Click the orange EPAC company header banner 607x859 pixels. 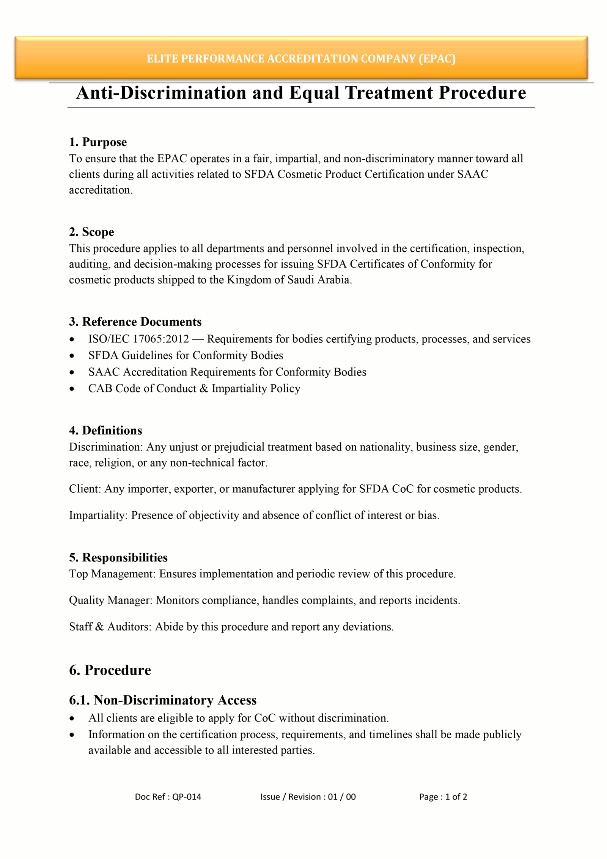click(x=301, y=58)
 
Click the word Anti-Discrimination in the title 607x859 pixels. click(x=161, y=93)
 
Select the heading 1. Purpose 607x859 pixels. click(x=98, y=142)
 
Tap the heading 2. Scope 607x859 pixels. click(x=91, y=232)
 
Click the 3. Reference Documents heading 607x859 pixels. click(x=135, y=322)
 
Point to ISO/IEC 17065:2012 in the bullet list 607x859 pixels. click(x=138, y=339)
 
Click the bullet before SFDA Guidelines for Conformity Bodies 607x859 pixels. click(x=72, y=356)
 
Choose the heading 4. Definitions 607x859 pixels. click(x=105, y=430)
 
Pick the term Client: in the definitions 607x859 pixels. click(x=85, y=489)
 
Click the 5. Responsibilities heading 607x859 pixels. click(x=118, y=558)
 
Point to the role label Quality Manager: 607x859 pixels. click(x=111, y=601)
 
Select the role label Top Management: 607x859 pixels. click(x=112, y=574)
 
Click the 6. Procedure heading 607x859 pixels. click(x=110, y=670)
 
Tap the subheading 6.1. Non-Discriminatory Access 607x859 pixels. click(x=163, y=700)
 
